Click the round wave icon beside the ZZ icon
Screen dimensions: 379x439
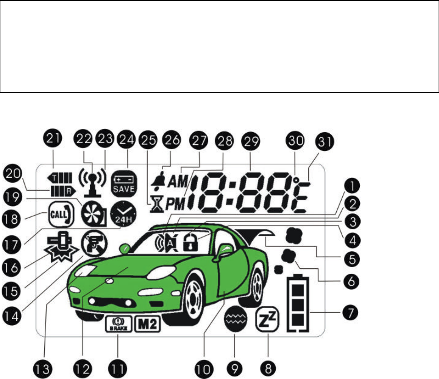pos(235,320)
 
